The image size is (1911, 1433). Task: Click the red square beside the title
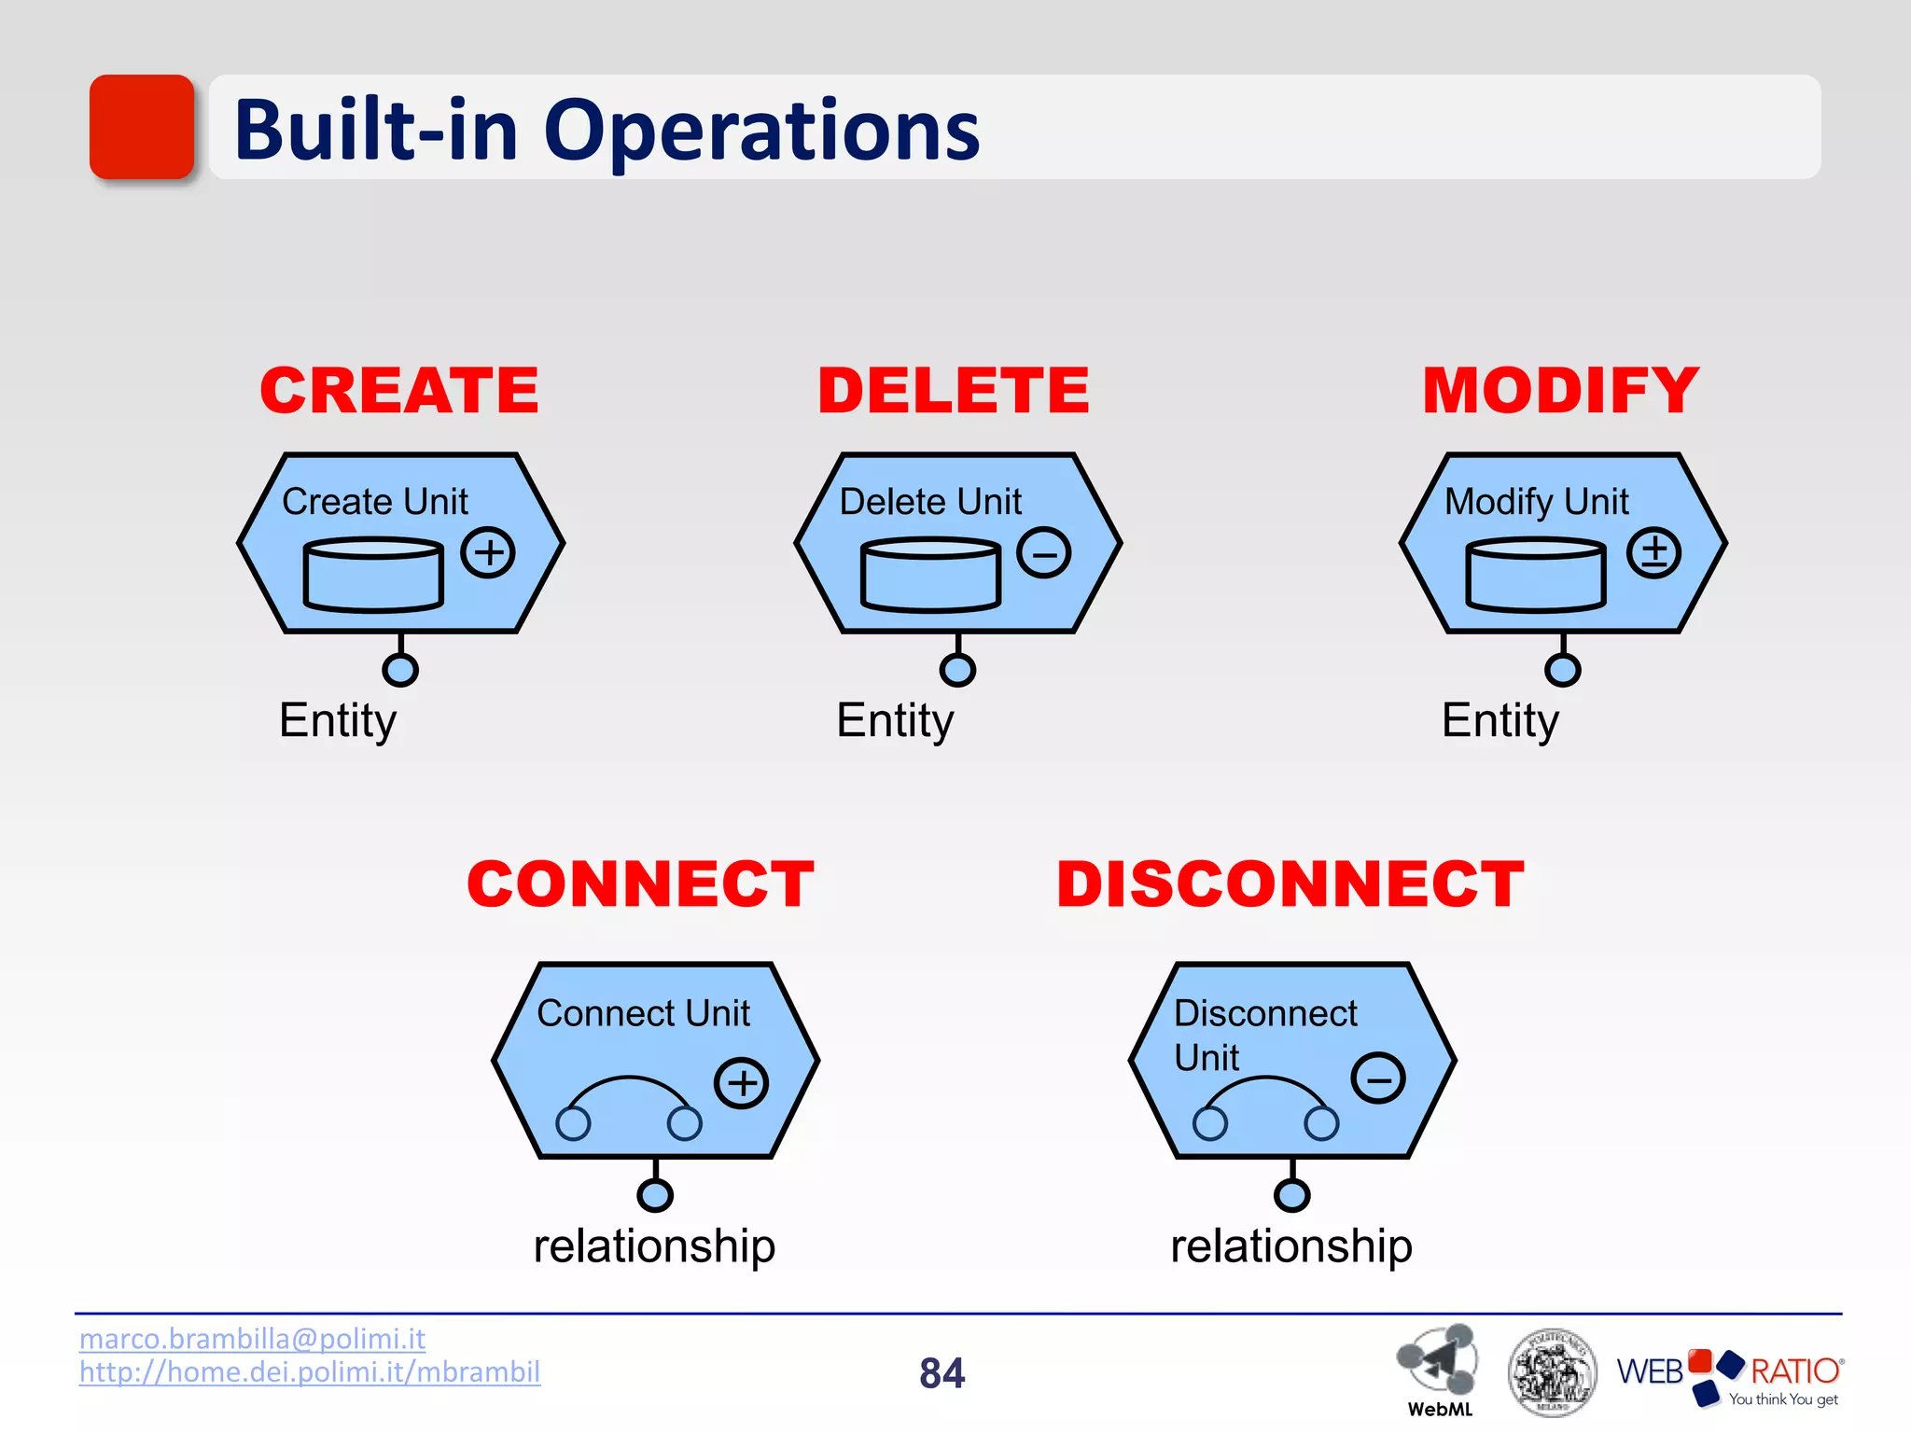pos(142,127)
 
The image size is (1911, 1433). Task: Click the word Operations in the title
pos(761,131)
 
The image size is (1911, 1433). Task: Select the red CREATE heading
pos(399,390)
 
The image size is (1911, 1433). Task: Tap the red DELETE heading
pos(954,390)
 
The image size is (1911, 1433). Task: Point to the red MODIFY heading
pos(1560,390)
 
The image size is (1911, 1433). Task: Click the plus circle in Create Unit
pos(488,552)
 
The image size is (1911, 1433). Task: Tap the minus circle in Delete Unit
pos(1044,552)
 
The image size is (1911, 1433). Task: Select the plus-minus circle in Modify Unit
pos(1653,552)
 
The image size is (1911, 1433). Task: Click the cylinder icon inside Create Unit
pos(373,575)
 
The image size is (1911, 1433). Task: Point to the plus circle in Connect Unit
pos(742,1082)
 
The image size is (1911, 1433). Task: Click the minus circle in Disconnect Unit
pos(1378,1078)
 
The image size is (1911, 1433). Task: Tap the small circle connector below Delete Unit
pos(957,669)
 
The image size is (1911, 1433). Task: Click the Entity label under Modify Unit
pos(1500,720)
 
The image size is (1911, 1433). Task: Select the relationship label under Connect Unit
pos(654,1246)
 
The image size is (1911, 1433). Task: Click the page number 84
pos(942,1373)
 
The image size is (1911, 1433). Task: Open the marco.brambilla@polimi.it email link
pos(252,1339)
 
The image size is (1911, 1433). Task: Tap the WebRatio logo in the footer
pos(1729,1375)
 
